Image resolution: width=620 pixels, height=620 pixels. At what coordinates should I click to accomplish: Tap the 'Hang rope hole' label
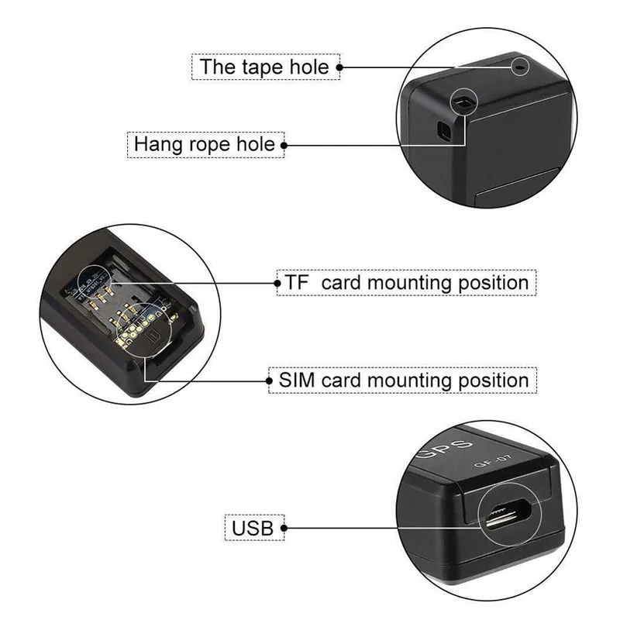[205, 145]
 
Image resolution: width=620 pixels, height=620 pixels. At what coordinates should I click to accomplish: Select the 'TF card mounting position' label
[406, 283]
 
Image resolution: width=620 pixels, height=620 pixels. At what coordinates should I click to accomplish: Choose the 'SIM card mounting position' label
[403, 381]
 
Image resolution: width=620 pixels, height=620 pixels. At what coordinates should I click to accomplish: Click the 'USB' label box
[254, 528]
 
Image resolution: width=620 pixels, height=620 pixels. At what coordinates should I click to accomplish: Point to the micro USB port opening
[508, 514]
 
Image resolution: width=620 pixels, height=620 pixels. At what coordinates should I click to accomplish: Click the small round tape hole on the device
[520, 67]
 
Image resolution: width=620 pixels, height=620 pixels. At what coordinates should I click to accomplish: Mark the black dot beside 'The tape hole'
[339, 67]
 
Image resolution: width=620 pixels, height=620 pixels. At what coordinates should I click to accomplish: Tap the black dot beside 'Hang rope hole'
[284, 145]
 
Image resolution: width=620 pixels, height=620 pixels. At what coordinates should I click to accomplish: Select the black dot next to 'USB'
[284, 528]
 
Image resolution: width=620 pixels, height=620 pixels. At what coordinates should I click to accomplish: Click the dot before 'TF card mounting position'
[277, 283]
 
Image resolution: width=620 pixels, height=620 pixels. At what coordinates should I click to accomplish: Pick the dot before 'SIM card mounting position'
[269, 381]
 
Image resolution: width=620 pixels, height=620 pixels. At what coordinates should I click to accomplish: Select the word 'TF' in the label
[296, 283]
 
